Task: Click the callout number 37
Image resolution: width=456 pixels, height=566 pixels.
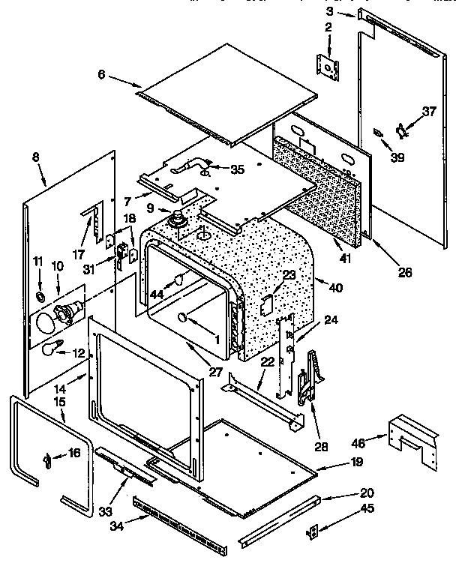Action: [428, 112]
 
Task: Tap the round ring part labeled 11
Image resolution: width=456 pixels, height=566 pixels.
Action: [39, 298]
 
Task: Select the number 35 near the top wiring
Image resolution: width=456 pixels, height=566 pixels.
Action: [237, 169]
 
